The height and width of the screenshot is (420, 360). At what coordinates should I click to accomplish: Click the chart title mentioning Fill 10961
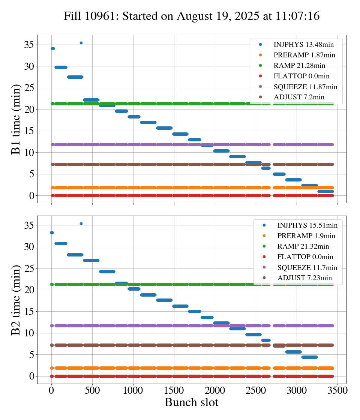(x=191, y=16)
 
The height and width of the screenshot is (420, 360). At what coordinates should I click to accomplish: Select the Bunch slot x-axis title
(x=191, y=403)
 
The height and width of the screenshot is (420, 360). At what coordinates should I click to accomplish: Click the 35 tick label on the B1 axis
(x=29, y=45)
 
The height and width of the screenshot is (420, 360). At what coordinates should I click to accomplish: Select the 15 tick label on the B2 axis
(x=29, y=312)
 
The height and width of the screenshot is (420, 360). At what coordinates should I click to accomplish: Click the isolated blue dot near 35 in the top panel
(x=81, y=43)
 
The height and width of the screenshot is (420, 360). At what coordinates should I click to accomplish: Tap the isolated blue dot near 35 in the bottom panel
(x=81, y=223)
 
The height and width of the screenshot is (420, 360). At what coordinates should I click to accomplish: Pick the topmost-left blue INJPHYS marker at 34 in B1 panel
(x=53, y=49)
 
